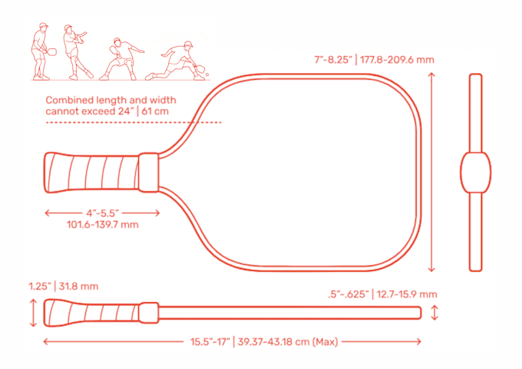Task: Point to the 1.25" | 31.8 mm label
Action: coord(64,286)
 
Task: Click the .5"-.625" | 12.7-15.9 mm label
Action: coord(382,294)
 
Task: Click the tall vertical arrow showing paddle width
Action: coord(431,173)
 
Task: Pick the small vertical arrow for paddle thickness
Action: coord(435,312)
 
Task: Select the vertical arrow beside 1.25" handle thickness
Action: coord(32,312)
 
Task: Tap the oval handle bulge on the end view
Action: coord(475,173)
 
